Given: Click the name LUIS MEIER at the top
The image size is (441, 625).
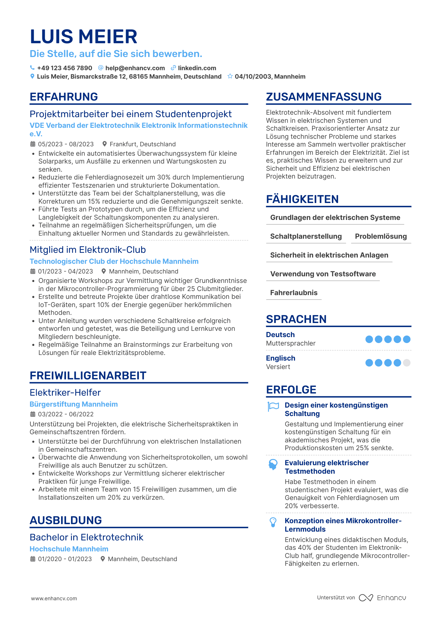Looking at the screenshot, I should coord(84,37).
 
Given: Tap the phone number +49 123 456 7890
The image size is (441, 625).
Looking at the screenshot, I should coord(64,68).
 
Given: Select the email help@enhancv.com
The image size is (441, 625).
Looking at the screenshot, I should coord(135,68).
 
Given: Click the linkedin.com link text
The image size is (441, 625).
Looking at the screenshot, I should coord(197,68).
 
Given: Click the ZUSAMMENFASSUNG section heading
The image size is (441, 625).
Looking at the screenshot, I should coord(324,97).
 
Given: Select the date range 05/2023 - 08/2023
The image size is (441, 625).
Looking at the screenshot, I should coord(66,144).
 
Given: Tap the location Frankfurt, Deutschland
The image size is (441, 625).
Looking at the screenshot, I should coord(143,144).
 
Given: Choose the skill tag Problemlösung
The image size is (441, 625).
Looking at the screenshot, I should coord(381,236).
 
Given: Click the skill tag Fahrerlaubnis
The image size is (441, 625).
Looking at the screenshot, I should coord(294,293).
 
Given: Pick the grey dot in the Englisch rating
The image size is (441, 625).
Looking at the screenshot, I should coord(407,363).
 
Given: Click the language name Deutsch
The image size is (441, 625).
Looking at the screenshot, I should coord(280,335).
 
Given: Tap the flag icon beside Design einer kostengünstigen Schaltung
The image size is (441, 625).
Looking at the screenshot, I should coord(273,406).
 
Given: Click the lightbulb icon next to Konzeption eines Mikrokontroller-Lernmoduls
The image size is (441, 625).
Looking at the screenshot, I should coord(273,522).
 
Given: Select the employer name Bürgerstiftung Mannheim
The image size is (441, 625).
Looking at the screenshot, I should coord(73,404).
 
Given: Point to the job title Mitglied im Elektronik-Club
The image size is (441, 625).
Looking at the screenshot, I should coord(88,250).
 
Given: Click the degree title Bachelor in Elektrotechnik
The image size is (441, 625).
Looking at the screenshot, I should coord(86,537).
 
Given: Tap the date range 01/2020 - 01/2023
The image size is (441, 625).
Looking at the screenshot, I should coord(65,559).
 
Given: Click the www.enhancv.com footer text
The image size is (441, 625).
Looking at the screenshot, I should coord(54,598).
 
